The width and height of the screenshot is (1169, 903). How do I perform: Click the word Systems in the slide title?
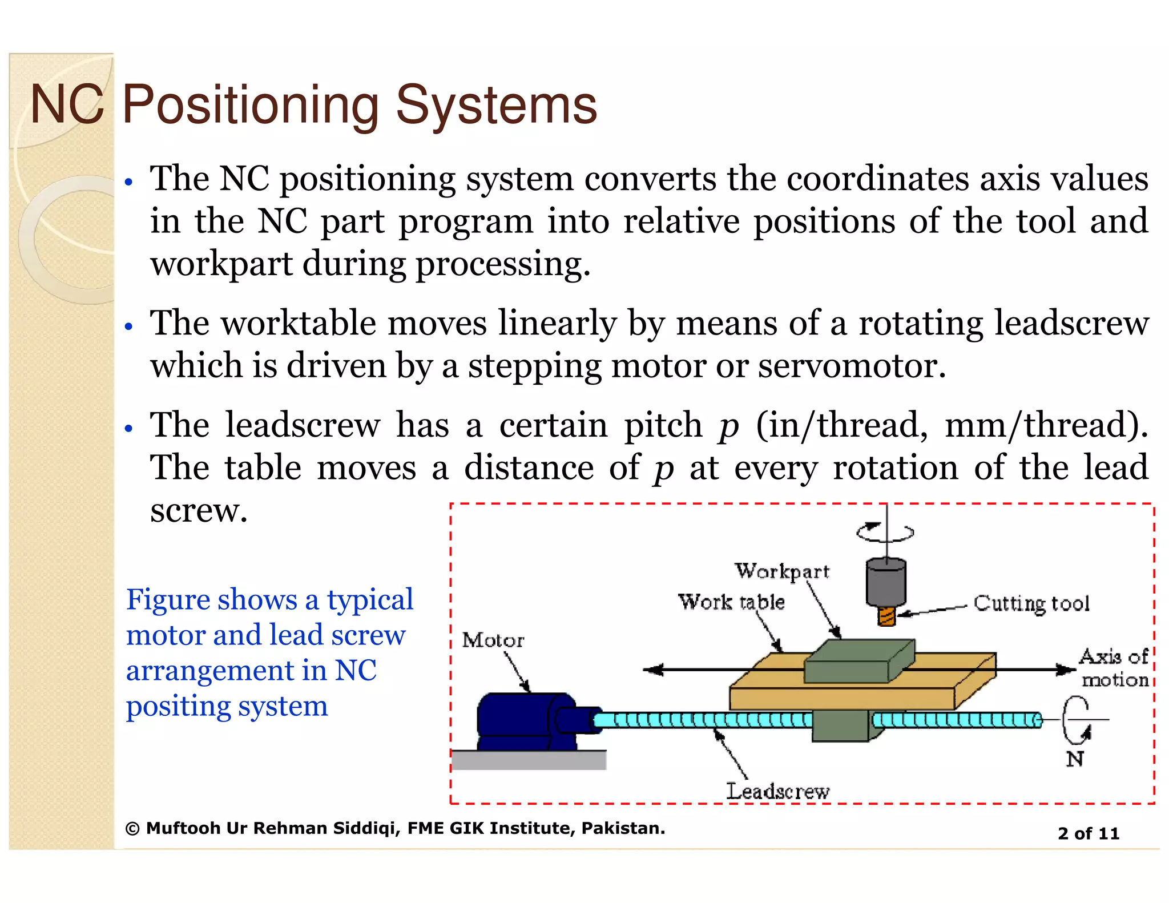(497, 105)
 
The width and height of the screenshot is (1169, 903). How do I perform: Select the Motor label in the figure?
(493, 640)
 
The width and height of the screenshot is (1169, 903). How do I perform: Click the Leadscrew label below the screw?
(777, 791)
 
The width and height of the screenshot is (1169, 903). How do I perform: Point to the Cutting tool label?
(1031, 603)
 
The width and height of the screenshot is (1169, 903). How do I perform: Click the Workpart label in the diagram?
(781, 571)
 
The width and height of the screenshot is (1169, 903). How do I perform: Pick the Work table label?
(731, 602)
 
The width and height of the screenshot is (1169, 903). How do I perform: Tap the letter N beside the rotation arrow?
(1074, 759)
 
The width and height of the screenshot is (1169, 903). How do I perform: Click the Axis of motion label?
(1114, 668)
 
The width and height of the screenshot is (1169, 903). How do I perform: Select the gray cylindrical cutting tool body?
(886, 582)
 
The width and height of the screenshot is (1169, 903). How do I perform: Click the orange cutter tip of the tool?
(886, 616)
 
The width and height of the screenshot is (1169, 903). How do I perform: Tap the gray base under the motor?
(529, 760)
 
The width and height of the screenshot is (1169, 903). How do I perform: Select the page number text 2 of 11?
(1088, 833)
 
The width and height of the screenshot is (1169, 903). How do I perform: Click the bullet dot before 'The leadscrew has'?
(129, 428)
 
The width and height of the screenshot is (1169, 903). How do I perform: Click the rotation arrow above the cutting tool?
(885, 532)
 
